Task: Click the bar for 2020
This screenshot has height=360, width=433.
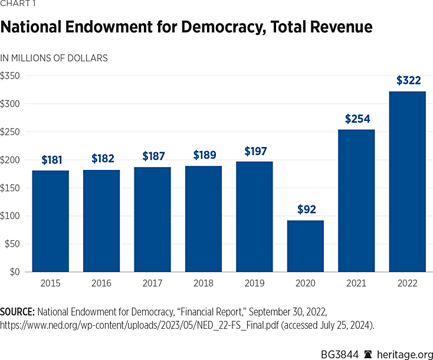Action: click(x=305, y=246)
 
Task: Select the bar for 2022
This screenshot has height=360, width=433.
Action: click(x=407, y=182)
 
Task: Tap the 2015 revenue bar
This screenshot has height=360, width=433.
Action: click(x=50, y=221)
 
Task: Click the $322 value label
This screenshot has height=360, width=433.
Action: click(x=408, y=80)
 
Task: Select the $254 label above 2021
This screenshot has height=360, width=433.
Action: click(x=357, y=119)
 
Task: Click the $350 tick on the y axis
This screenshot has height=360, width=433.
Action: click(x=10, y=76)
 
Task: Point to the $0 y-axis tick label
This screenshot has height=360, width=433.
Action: click(x=14, y=272)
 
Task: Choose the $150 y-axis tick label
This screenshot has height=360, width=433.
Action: click(x=10, y=188)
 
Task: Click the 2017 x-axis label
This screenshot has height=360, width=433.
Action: click(x=152, y=283)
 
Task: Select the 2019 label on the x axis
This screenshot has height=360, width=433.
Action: click(x=254, y=283)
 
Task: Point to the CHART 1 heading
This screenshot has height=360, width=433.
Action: click(x=18, y=5)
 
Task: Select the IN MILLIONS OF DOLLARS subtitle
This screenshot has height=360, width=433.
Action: click(x=54, y=58)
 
